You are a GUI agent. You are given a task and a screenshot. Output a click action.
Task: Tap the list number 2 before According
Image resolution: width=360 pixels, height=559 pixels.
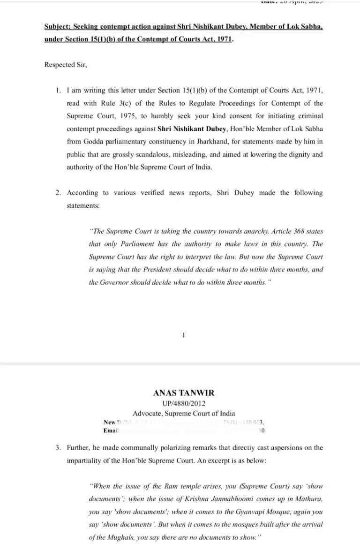pyautogui.click(x=58, y=193)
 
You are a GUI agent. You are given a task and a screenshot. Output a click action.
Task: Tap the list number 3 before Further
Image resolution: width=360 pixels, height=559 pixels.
pyautogui.click(x=58, y=448)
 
